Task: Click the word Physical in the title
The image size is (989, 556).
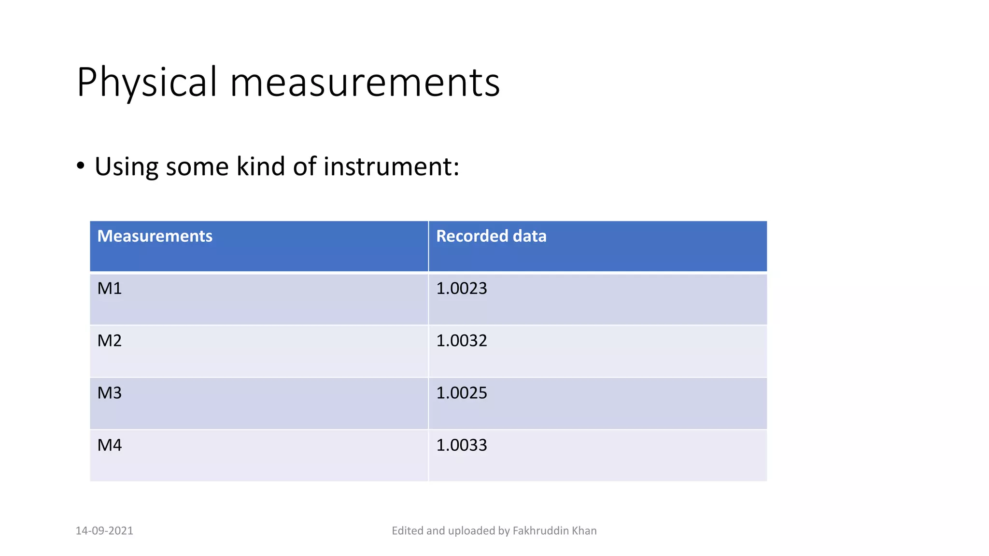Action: [147, 83]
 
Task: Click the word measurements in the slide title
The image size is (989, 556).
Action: [365, 83]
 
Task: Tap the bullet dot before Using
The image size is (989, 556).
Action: [81, 166]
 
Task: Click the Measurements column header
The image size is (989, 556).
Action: [155, 236]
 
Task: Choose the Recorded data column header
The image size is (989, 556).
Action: [491, 236]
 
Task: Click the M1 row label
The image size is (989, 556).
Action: [110, 289]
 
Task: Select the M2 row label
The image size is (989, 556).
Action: [110, 341]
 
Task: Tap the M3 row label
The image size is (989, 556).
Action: [110, 393]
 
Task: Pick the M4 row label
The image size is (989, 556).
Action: [110, 445]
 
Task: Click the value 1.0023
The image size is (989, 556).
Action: [462, 289]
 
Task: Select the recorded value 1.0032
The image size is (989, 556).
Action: [462, 341]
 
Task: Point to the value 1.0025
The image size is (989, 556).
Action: [462, 393]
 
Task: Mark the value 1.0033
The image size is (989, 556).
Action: [462, 445]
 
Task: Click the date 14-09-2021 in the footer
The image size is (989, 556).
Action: [104, 531]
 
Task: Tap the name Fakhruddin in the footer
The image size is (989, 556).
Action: [540, 531]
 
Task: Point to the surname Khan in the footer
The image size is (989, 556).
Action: [584, 531]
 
